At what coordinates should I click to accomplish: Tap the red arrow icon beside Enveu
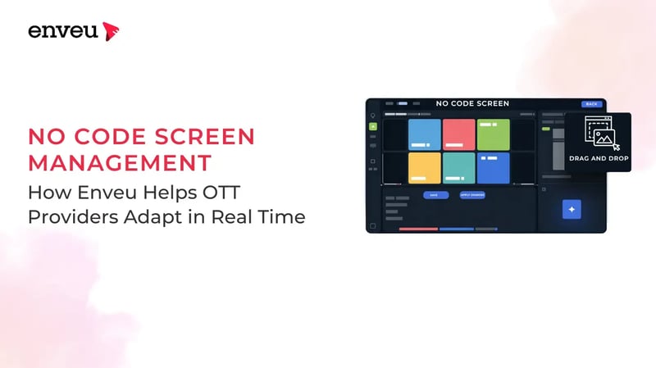click(111, 31)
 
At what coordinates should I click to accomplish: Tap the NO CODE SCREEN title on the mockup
click(472, 104)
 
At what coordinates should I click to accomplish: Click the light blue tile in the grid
click(425, 135)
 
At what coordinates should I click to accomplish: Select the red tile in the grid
click(459, 135)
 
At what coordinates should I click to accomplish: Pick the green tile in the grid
click(493, 135)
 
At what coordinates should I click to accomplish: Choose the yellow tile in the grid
click(425, 168)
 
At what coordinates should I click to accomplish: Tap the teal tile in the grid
click(459, 168)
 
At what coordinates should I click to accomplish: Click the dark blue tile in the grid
click(493, 168)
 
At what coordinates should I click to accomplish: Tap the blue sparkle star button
click(572, 209)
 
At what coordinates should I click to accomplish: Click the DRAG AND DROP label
click(599, 157)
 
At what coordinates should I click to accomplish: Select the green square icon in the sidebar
click(373, 127)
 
